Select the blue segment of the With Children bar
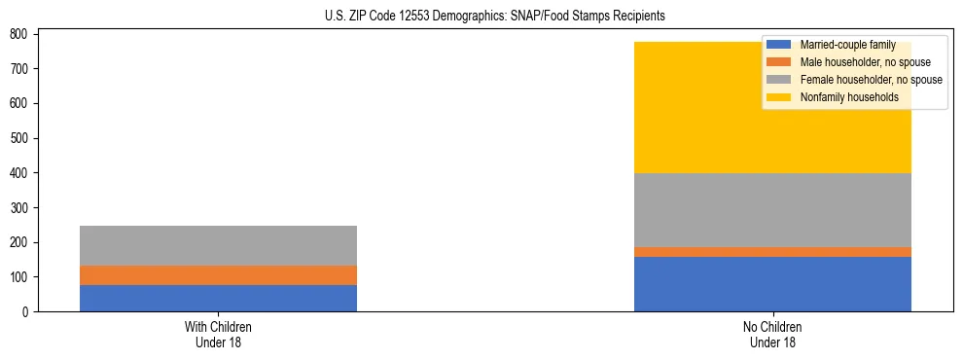218,298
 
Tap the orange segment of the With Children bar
218,275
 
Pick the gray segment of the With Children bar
218,245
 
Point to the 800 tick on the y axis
23,34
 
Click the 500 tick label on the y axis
23,138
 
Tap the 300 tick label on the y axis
23,207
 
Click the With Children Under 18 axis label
218,334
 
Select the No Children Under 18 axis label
772,334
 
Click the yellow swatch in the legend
778,97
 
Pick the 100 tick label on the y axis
23,277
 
